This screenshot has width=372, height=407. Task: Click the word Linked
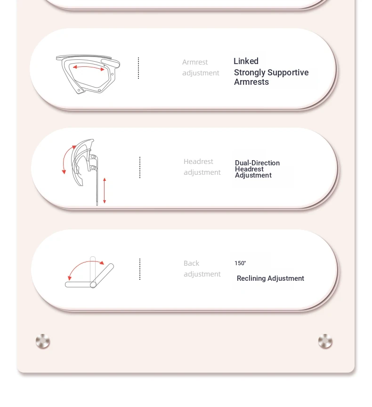click(x=246, y=61)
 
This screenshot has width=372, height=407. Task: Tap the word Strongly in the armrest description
click(x=250, y=73)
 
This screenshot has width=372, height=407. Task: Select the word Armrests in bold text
click(x=251, y=82)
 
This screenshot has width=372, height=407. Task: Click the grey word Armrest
click(x=195, y=62)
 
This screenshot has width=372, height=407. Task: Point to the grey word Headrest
click(x=198, y=162)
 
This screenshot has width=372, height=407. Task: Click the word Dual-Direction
click(x=257, y=163)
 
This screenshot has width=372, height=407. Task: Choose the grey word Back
click(x=191, y=263)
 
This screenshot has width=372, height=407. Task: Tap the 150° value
click(x=240, y=263)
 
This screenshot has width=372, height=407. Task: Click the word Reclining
click(x=251, y=278)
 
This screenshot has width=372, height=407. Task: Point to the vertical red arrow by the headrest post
click(x=105, y=190)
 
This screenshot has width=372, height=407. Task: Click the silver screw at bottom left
click(x=43, y=341)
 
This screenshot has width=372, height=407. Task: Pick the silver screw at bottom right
click(x=325, y=341)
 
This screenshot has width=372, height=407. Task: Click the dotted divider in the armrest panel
click(x=138, y=68)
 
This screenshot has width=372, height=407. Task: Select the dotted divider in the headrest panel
click(x=140, y=167)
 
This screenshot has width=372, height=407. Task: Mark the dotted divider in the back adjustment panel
click(x=140, y=269)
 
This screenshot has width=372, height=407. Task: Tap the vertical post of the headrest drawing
click(x=97, y=182)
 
